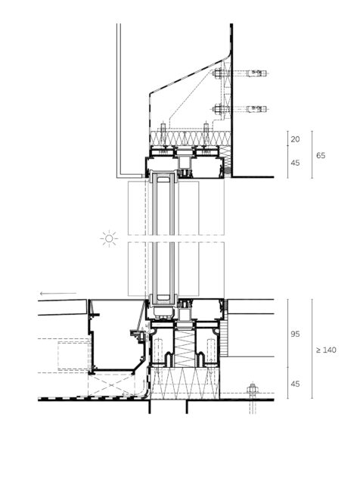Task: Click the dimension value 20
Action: (x=295, y=139)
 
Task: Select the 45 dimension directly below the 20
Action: (x=295, y=163)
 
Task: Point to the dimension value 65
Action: (x=321, y=156)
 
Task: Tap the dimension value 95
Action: (x=295, y=334)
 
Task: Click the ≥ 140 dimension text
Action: (x=326, y=350)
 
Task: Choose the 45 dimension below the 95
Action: (x=295, y=384)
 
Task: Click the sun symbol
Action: (x=109, y=238)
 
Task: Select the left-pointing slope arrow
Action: (x=58, y=293)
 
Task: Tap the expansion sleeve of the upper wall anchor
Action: (x=256, y=73)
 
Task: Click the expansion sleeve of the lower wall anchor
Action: (x=256, y=109)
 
